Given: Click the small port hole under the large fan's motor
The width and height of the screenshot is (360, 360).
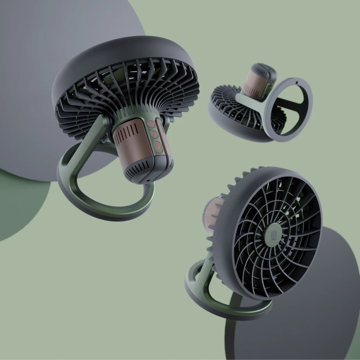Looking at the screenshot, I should click(147, 179).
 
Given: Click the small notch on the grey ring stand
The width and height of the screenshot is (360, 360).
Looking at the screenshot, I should click(297, 82).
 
